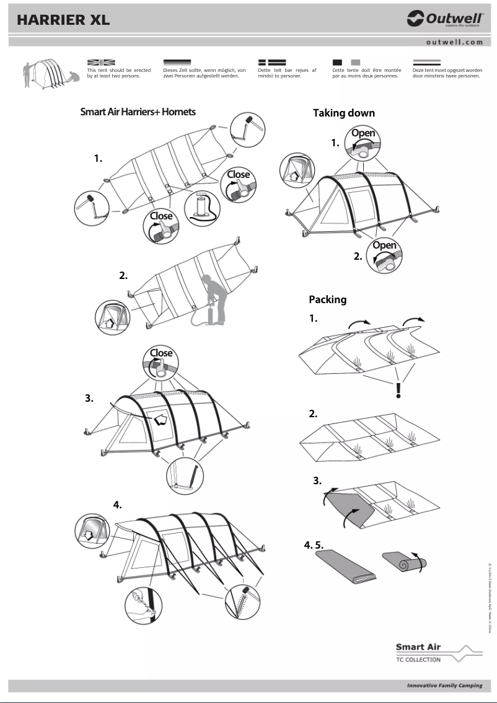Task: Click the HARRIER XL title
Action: [x=63, y=20]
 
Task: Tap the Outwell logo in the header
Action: [x=444, y=19]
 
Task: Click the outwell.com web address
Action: [x=454, y=42]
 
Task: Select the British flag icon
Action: [x=101, y=63]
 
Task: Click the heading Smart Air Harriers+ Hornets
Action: [x=138, y=112]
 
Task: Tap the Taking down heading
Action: [x=343, y=113]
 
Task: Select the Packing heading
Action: [x=327, y=299]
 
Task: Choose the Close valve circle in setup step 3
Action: [x=161, y=361]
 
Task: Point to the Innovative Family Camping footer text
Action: [x=444, y=686]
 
